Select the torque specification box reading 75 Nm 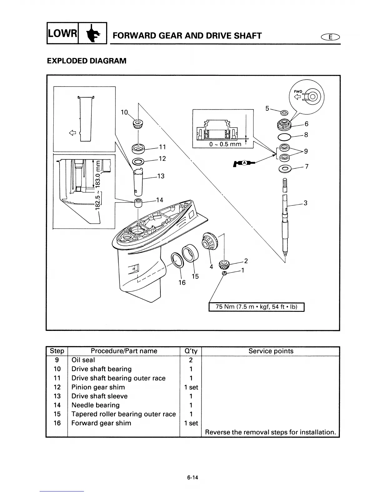256,307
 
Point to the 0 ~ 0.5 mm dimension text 225,144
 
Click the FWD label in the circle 298,91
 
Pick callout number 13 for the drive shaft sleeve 161,176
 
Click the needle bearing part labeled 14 138,203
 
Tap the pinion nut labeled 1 224,274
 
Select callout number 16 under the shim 182,283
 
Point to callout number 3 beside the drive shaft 306,203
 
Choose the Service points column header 271,351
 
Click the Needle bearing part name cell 95,405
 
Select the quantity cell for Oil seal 191,360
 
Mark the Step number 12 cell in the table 57,387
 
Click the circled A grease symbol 245,163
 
